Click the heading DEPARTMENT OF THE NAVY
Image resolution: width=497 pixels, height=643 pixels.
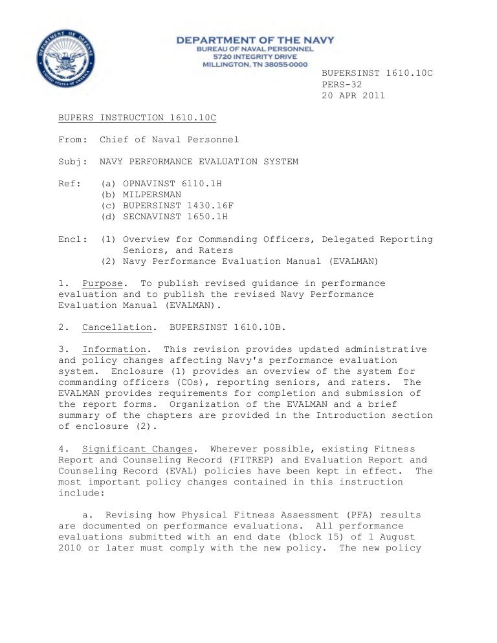[x=256, y=40]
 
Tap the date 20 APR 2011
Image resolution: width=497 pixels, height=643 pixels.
[x=353, y=95]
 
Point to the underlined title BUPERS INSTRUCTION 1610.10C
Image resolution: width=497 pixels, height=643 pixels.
[x=137, y=118]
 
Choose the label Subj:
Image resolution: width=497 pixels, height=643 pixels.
[x=72, y=162]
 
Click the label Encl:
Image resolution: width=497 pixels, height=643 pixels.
[x=72, y=239]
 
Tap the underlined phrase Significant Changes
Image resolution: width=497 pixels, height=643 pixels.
[x=137, y=449]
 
